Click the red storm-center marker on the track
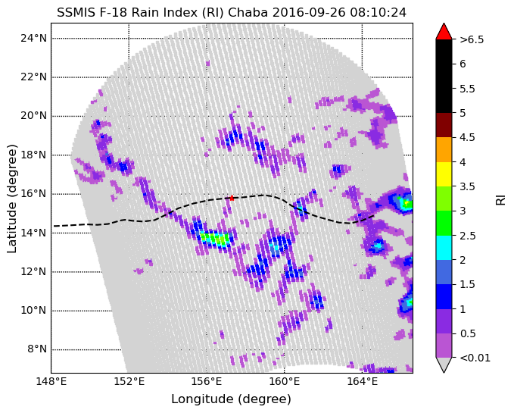pos(232,198)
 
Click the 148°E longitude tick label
pos(51,380)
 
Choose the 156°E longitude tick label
pos(207,380)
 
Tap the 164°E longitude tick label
pos(362,380)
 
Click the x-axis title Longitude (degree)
pos(231,399)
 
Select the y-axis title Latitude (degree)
pos(12,198)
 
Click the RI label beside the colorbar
pos(500,199)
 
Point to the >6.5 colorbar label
pos(471,39)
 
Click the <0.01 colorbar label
pos(474,358)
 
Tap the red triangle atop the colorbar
pos(444,31)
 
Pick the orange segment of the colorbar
pos(444,149)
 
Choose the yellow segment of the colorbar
pos(444,174)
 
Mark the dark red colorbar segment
pos(444,125)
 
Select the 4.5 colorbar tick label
pos(468,137)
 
